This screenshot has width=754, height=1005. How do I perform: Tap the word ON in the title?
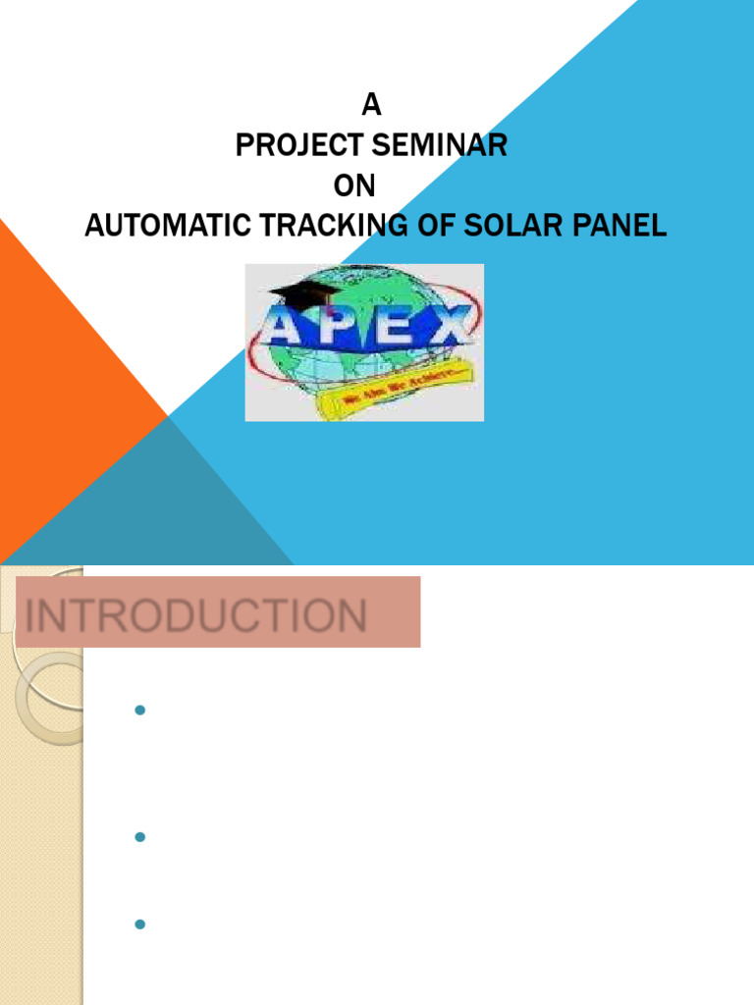click(354, 185)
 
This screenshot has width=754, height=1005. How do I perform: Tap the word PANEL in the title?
click(613, 226)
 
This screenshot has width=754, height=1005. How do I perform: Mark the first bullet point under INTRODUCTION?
click(139, 710)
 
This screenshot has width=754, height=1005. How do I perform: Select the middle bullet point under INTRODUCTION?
click(139, 836)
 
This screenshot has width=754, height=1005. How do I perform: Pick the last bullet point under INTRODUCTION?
click(139, 924)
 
